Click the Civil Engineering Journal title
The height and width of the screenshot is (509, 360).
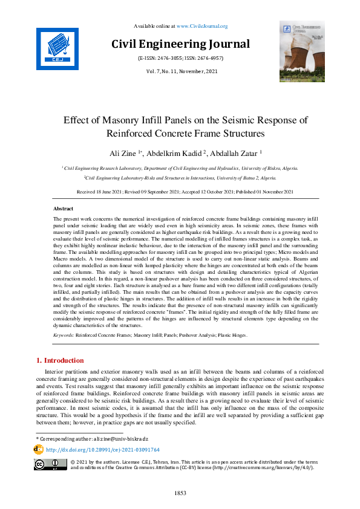(180, 44)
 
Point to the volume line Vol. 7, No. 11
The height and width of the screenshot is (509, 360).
(180, 72)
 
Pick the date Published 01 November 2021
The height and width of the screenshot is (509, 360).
(263, 192)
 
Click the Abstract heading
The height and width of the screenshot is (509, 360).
(64, 208)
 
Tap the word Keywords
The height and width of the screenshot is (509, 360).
(64, 334)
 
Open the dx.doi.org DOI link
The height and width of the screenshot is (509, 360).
(102, 450)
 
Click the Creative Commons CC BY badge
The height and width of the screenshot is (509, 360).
(50, 464)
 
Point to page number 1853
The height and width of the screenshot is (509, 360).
(180, 493)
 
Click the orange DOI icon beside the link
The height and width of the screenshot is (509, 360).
(39, 450)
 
